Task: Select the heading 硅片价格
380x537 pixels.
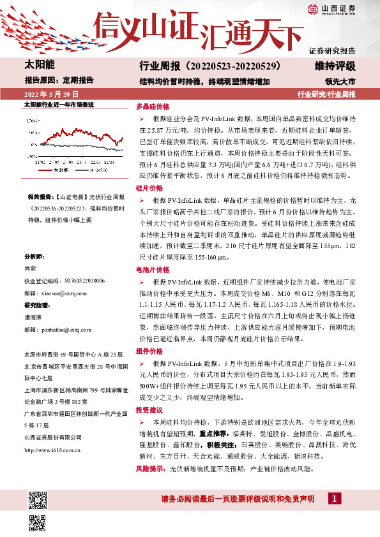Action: (149, 189)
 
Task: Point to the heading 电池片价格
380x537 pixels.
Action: (153, 270)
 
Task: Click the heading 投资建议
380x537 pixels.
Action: (149, 411)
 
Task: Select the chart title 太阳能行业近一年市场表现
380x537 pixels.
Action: (59, 104)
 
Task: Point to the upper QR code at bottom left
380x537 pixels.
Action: (37, 497)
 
